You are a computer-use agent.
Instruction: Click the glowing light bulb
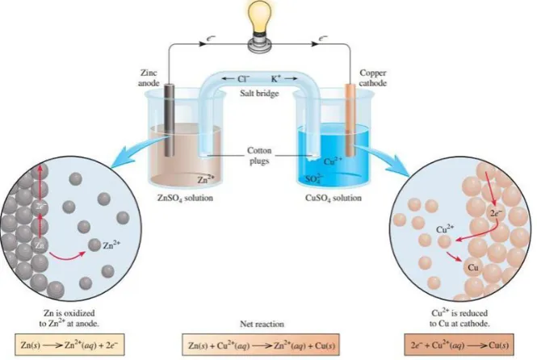click(261, 27)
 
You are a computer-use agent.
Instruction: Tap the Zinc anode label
click(149, 78)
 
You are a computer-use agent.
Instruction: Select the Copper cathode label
click(373, 78)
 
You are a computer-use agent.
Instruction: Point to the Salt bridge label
click(259, 93)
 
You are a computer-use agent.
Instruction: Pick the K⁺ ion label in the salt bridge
click(275, 79)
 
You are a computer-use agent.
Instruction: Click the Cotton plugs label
click(259, 156)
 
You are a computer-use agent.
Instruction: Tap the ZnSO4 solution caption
click(185, 198)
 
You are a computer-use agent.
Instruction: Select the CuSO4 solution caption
click(334, 198)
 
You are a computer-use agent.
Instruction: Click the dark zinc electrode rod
click(170, 119)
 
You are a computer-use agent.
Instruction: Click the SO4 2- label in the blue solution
click(313, 179)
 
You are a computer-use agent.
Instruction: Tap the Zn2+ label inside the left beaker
click(206, 179)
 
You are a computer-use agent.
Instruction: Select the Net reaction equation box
click(261, 345)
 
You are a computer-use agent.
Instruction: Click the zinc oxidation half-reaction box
click(69, 345)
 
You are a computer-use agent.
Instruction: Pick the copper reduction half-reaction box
click(459, 345)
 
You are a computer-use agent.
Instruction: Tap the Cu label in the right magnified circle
click(473, 267)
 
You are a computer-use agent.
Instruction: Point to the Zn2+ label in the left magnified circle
click(111, 245)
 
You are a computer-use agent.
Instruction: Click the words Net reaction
click(262, 324)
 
